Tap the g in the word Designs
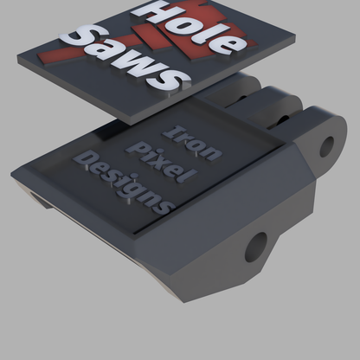coord(138,194)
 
